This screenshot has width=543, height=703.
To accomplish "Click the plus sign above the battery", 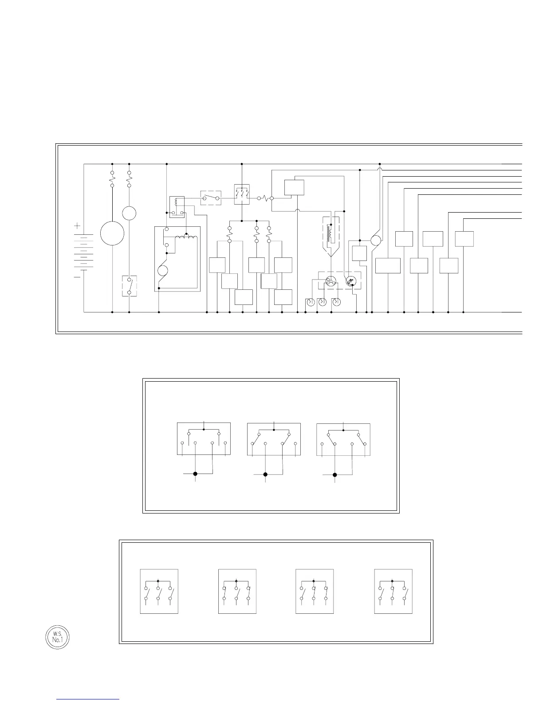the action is click(77, 226).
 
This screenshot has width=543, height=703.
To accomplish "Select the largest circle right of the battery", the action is click(112, 233).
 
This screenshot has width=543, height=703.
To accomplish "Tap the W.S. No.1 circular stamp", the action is click(58, 637).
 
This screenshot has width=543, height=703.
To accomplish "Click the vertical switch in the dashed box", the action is click(129, 286).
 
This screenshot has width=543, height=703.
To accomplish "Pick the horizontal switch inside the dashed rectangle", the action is click(211, 198).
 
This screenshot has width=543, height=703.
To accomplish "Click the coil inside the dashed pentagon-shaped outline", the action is click(331, 235).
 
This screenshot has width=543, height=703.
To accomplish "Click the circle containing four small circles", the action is click(331, 281).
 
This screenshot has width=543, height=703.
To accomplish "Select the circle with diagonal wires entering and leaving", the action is click(375, 241).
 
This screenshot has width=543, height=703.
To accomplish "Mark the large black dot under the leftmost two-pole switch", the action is click(195, 474).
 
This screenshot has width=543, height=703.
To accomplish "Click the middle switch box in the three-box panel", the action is click(274, 439).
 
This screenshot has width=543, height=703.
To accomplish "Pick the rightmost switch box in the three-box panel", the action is click(343, 439).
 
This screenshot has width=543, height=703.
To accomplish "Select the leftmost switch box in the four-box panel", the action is click(159, 591).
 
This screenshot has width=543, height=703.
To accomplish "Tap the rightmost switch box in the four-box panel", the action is click(393, 591).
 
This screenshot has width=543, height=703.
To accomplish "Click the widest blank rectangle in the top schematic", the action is click(388, 265).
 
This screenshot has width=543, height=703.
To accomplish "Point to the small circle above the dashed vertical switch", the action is click(129, 213).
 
